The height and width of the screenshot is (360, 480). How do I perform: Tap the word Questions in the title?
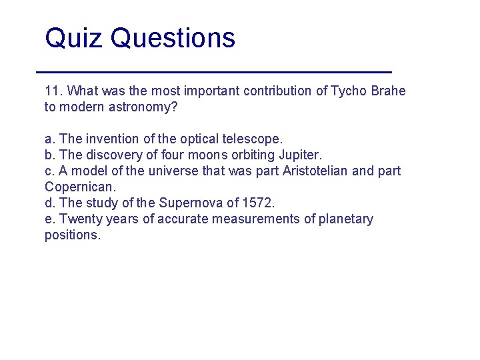coord(173,39)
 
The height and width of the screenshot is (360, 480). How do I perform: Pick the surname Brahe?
coord(387,91)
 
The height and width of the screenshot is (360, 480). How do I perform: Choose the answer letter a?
coord(49,139)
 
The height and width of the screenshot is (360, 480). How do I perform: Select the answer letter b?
coord(49,155)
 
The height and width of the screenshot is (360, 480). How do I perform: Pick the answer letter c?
coord(49,171)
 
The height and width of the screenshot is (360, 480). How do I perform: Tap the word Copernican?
coord(79,187)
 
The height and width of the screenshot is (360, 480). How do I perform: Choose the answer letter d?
coord(49,203)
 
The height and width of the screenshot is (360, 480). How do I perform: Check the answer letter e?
coord(49,219)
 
